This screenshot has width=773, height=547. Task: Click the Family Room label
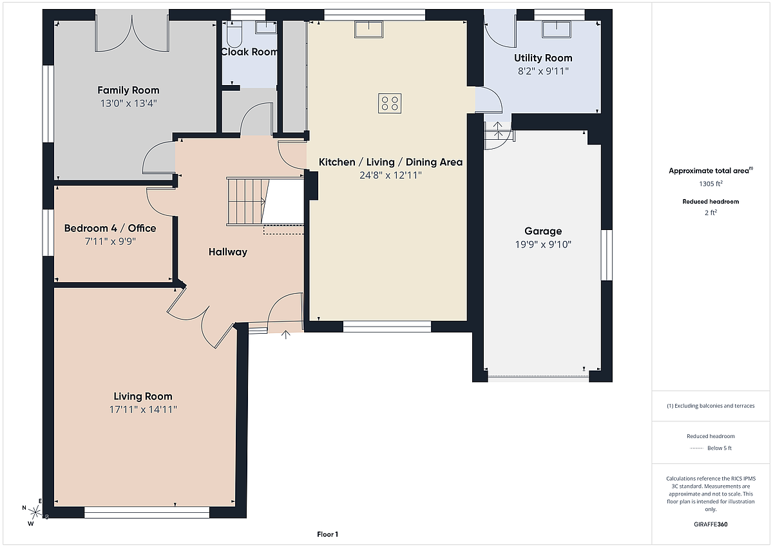tap(128, 90)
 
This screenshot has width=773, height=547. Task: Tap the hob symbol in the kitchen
tap(390, 104)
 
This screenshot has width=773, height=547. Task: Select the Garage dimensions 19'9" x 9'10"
tap(543, 244)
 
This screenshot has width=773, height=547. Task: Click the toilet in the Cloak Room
tap(234, 34)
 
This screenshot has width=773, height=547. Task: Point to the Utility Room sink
tap(557, 30)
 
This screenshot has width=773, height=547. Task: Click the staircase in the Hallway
tap(248, 202)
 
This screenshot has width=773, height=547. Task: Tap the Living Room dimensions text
tap(143, 409)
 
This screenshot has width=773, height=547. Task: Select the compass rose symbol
tap(35, 512)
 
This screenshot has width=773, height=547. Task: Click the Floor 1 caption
tap(327, 534)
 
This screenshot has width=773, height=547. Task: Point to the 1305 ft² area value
tap(711, 184)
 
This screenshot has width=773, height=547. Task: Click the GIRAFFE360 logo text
tap(711, 524)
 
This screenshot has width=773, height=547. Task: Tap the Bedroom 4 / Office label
tap(110, 228)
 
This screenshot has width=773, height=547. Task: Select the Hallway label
tap(228, 252)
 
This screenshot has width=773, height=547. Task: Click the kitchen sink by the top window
tap(369, 30)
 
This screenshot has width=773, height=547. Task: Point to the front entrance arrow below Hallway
tap(286, 335)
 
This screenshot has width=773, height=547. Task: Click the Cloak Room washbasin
tap(265, 27)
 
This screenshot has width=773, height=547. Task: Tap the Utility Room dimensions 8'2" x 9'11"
tap(543, 71)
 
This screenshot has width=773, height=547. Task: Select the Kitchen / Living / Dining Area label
tap(390, 162)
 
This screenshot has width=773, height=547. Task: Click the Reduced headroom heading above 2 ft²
tap(711, 202)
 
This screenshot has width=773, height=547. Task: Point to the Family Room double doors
tap(132, 35)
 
